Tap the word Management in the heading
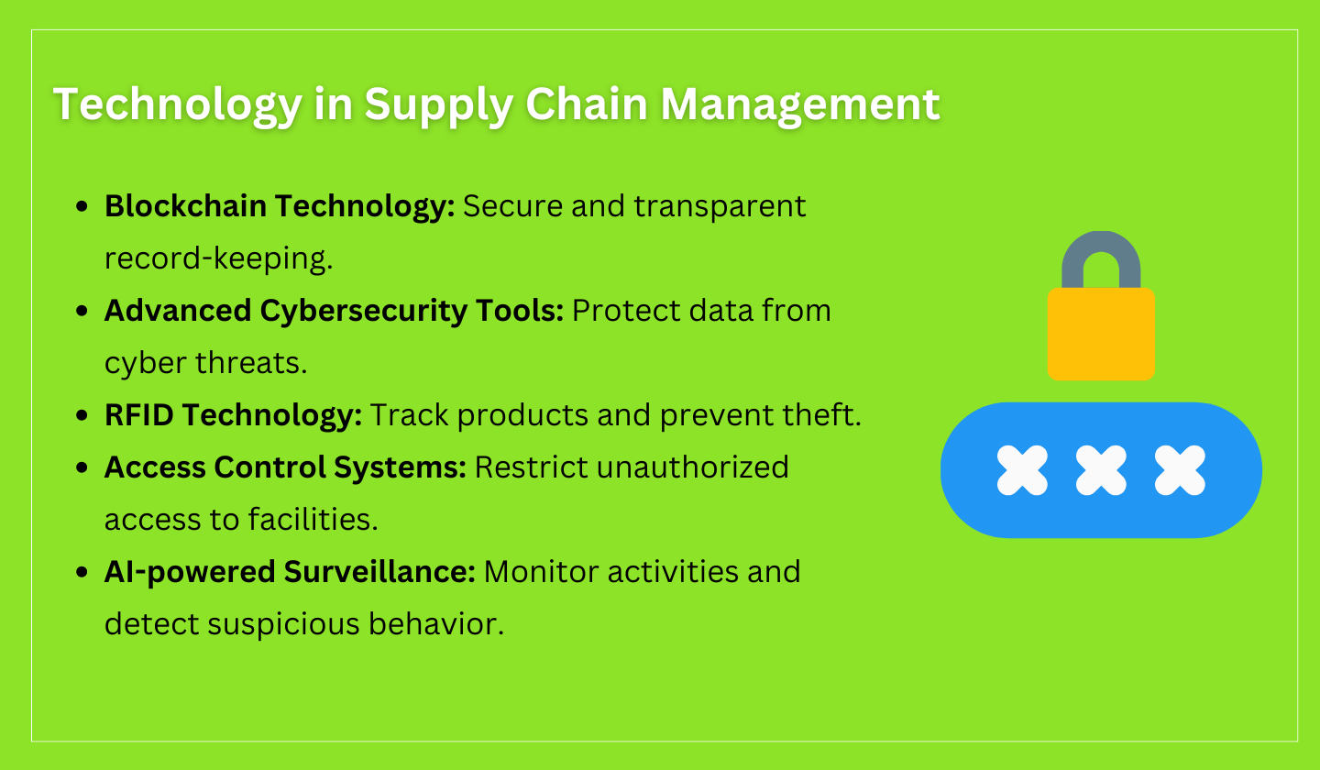[799, 104]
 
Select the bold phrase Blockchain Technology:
[280, 206]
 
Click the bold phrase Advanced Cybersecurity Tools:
[334, 311]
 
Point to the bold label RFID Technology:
[234, 415]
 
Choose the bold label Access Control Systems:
[285, 467]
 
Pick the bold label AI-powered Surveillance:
[290, 572]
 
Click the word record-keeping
[218, 259]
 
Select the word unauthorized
[693, 467]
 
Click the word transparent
[720, 206]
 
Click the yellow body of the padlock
[1101, 334]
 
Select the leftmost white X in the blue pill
[1022, 470]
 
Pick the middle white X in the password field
[1101, 470]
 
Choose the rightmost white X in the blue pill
[1180, 470]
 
